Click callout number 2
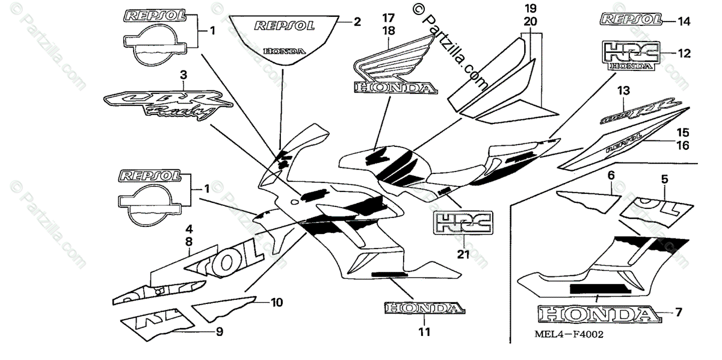click(357, 22)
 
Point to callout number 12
click(683, 53)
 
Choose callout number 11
click(424, 332)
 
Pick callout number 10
click(276, 302)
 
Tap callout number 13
click(623, 91)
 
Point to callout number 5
click(664, 178)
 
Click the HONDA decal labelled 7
click(596, 314)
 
